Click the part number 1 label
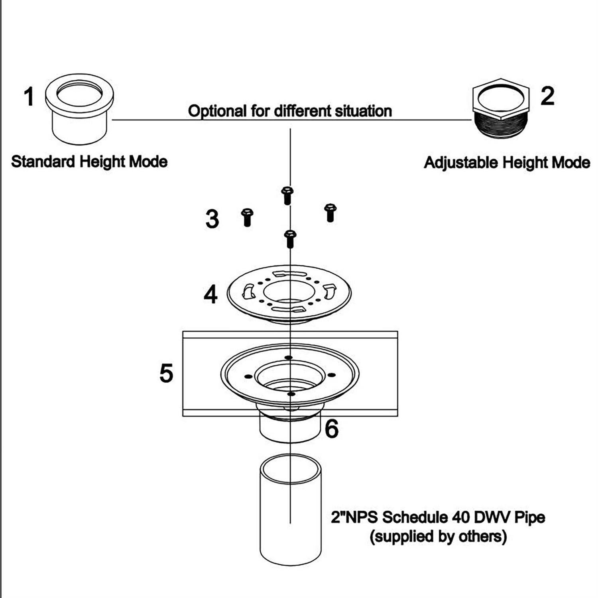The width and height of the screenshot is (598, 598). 29,97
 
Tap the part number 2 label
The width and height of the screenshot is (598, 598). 547,96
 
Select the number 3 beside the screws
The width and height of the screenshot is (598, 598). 212,219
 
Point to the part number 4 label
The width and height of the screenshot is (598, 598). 210,295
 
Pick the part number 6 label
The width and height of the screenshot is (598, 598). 332,429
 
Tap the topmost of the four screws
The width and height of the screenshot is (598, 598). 287,195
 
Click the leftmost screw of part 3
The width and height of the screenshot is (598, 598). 247,217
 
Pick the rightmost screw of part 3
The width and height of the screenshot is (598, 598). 330,212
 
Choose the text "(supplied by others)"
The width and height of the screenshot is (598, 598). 438,537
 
